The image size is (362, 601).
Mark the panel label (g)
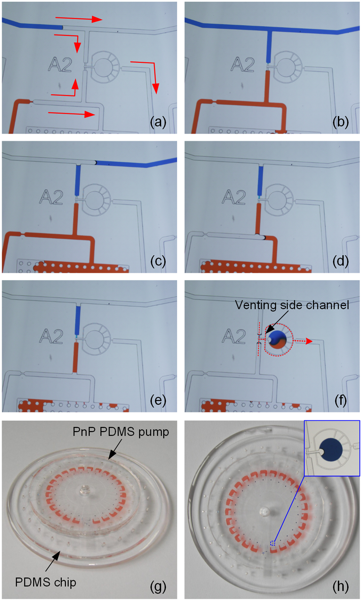click(x=158, y=587)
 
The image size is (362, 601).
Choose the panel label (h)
click(x=341, y=587)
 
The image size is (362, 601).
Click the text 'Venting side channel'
click(x=292, y=305)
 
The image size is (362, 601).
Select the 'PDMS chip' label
click(x=46, y=582)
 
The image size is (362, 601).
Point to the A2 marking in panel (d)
click(x=234, y=197)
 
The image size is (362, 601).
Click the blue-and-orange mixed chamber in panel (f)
click(x=278, y=339)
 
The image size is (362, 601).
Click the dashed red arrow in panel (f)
click(x=303, y=341)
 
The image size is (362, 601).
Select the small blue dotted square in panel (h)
click(x=273, y=543)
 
